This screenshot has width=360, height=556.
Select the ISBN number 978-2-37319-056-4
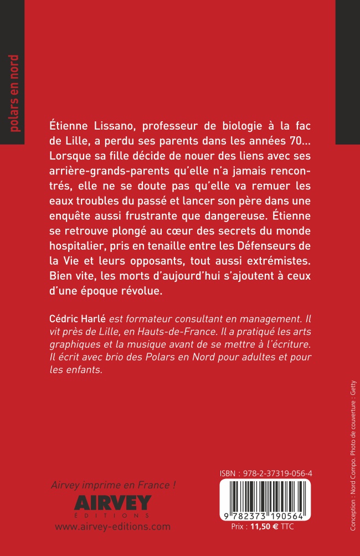[265, 474]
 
